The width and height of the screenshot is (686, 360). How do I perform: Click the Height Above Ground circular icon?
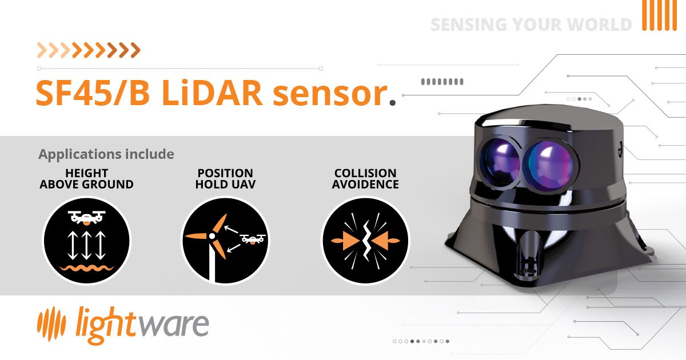[x=86, y=241]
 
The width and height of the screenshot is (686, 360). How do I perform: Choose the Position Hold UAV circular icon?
[x=225, y=241]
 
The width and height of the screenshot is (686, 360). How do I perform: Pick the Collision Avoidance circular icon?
[x=365, y=241]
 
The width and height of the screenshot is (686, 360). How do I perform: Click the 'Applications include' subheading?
[x=106, y=154]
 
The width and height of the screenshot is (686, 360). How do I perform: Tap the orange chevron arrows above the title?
[x=89, y=50]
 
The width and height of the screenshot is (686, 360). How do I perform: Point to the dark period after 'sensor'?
[x=392, y=103]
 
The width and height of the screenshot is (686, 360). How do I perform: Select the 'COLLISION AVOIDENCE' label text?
[x=365, y=179]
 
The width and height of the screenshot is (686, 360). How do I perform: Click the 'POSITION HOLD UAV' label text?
[x=224, y=179]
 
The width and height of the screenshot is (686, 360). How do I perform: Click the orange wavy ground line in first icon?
[x=86, y=267]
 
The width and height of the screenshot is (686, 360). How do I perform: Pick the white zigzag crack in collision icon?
[x=365, y=241]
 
